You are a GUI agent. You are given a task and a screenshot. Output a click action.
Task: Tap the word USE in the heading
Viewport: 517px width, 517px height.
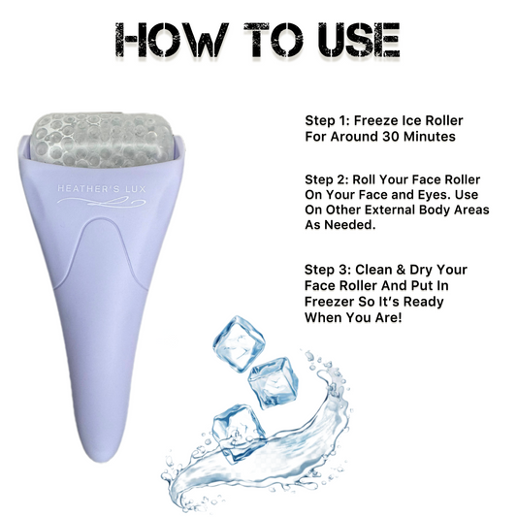(x=359, y=40)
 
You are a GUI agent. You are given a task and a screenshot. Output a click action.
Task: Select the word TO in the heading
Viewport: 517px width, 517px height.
(x=274, y=40)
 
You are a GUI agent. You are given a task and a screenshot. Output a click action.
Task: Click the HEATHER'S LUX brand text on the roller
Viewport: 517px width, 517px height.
(x=102, y=189)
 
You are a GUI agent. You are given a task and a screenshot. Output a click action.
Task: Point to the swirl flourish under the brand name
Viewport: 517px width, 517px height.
(x=101, y=201)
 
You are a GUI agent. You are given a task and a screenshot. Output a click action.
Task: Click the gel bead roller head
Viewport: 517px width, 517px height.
(x=103, y=140)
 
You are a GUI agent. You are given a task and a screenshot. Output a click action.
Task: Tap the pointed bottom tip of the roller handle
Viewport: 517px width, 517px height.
(x=98, y=461)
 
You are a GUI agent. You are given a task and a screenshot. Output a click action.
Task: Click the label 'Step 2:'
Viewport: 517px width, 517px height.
(x=327, y=179)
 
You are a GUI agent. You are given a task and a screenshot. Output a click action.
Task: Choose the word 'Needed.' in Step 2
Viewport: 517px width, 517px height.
(x=350, y=225)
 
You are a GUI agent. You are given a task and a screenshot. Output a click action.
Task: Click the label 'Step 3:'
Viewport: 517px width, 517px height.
(x=328, y=270)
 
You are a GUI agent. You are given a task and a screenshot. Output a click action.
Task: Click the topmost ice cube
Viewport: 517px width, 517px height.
(x=239, y=343)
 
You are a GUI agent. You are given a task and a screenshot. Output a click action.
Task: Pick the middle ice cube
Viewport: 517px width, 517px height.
(x=274, y=383)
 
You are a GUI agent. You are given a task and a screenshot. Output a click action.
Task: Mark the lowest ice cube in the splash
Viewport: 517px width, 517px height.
(x=238, y=434)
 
